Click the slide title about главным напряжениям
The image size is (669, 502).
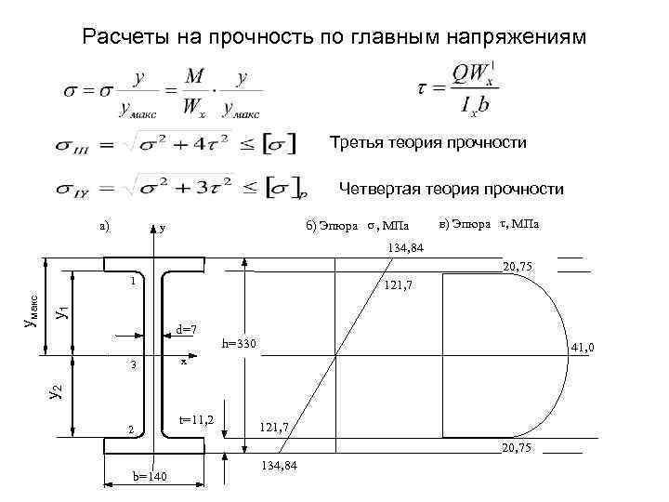[334, 37]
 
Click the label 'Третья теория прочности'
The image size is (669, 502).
[428, 143]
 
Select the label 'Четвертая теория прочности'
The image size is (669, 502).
[451, 190]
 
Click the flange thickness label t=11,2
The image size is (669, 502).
[196, 421]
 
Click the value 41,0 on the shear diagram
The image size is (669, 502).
[583, 348]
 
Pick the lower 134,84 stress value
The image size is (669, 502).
[281, 464]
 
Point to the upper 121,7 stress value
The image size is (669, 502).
[399, 284]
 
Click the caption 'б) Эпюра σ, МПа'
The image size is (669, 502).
[356, 226]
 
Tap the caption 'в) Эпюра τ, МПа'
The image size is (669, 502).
[492, 225]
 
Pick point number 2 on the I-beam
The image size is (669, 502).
[133, 429]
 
